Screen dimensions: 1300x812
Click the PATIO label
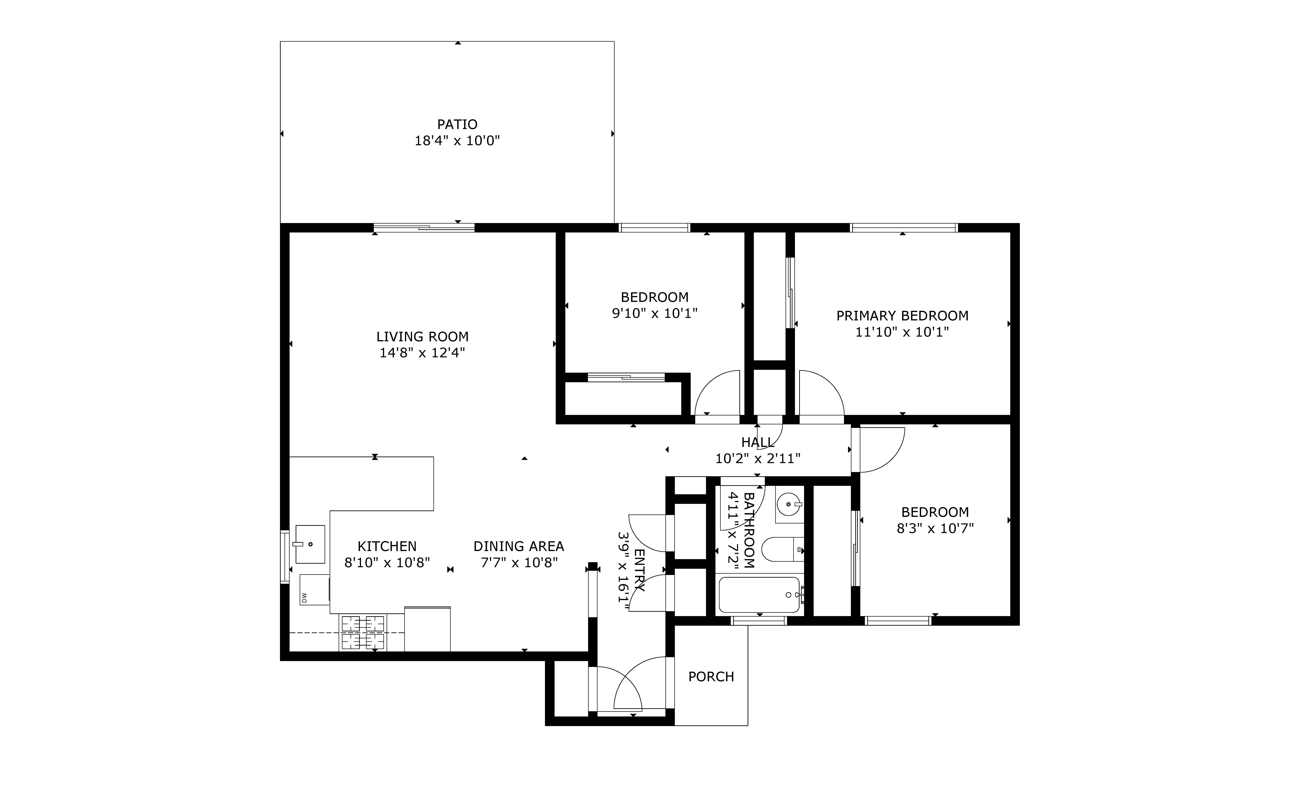pyautogui.click(x=457, y=125)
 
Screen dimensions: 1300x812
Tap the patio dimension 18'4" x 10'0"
pyautogui.click(x=457, y=141)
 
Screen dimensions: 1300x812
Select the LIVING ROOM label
pyautogui.click(x=422, y=337)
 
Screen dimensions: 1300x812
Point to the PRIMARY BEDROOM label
pyautogui.click(x=902, y=316)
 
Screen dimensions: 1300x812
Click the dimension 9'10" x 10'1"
pyautogui.click(x=655, y=313)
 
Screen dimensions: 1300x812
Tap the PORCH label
pyautogui.click(x=711, y=677)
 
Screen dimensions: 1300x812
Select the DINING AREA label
pyautogui.click(x=519, y=546)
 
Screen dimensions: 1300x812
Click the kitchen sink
pyautogui.click(x=310, y=544)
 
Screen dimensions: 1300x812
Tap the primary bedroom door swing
pyautogui.click(x=822, y=393)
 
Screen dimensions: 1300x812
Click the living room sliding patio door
pyautogui.click(x=424, y=228)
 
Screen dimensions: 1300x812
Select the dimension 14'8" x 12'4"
pyautogui.click(x=422, y=353)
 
